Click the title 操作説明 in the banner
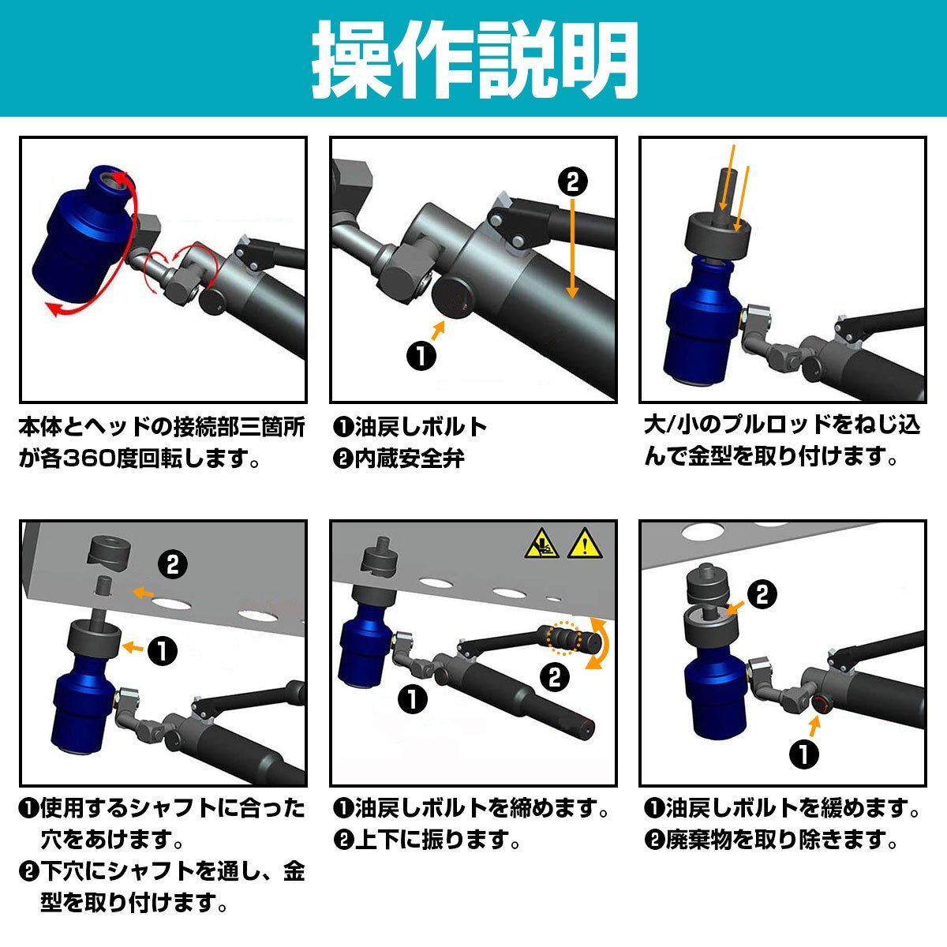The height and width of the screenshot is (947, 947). pyautogui.click(x=475, y=60)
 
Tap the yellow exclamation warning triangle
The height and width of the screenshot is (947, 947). pyautogui.click(x=585, y=544)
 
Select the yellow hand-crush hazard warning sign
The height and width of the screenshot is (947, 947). pyautogui.click(x=541, y=544)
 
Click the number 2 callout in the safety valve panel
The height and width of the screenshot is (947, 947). pyautogui.click(x=573, y=182)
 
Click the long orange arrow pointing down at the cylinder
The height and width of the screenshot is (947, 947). pyautogui.click(x=572, y=248)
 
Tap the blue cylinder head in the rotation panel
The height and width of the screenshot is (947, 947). pyautogui.click(x=83, y=235)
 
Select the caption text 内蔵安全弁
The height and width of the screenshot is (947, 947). pyautogui.click(x=410, y=459)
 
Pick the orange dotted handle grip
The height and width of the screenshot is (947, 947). pyautogui.click(x=565, y=638)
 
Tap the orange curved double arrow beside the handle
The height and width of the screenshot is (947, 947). pyautogui.click(x=601, y=643)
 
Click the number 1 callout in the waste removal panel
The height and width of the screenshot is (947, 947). pyautogui.click(x=804, y=754)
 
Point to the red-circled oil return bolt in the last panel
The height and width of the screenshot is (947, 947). pyautogui.click(x=820, y=705)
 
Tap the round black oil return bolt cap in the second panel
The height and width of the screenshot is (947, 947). pyautogui.click(x=453, y=298)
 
